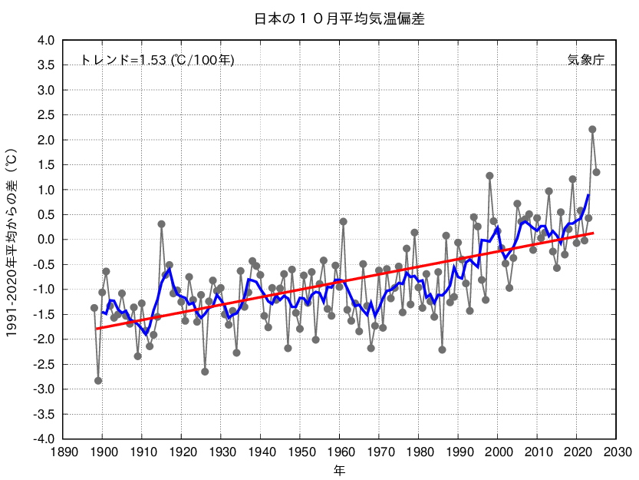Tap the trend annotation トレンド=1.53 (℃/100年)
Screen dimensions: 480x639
tap(157, 60)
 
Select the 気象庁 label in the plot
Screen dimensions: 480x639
tap(586, 60)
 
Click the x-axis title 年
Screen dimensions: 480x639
tap(338, 468)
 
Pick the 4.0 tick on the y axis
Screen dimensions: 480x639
tap(46, 40)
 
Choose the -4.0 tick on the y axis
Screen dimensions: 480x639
tap(44, 439)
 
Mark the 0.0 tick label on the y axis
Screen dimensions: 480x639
tap(46, 240)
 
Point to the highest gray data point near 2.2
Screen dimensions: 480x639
tap(592, 129)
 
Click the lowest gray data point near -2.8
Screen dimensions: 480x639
tap(98, 380)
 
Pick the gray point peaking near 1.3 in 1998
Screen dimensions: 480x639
tap(489, 176)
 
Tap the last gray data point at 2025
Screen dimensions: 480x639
tap(596, 172)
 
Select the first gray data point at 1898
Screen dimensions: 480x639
tap(94, 308)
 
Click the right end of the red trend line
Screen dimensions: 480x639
tap(593, 233)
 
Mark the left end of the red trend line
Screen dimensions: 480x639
tap(95, 329)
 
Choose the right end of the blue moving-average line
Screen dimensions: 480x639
tap(588, 194)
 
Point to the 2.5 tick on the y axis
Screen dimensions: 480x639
tap(46, 115)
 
